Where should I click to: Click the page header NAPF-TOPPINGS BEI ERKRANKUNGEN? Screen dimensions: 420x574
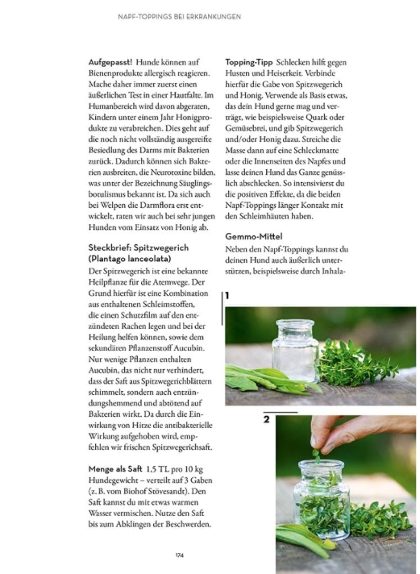180,17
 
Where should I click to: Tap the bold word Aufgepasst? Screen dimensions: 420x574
110,62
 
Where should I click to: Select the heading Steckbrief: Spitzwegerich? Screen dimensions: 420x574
139,247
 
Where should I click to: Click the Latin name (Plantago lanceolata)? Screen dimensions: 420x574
130,259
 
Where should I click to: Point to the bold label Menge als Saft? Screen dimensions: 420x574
115,469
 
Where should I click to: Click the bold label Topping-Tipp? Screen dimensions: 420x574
248,63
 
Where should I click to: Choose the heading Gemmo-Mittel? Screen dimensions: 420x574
254,236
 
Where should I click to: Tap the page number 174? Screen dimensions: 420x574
180,555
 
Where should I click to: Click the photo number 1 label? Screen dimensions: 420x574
227,295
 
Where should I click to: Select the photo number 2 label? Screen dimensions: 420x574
267,419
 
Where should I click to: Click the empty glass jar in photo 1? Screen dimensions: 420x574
295,351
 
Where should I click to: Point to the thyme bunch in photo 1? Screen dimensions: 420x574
356,363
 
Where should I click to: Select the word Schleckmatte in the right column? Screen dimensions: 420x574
316,151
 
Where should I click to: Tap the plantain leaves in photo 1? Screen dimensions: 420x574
269,380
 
